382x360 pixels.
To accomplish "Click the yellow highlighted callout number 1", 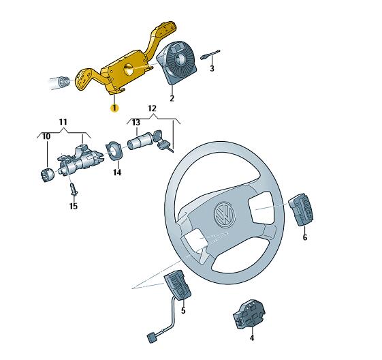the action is (114, 108).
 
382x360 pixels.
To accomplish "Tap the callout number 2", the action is (172, 98).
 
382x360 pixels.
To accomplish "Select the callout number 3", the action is (212, 69).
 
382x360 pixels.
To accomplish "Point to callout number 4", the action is (252, 337).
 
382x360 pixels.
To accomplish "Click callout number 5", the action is (183, 310).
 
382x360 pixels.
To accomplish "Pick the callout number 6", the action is (305, 237).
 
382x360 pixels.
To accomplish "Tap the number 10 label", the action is (46, 136).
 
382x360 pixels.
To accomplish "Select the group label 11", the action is (63, 122).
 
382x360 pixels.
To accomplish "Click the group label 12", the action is (152, 108).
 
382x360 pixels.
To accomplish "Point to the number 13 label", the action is (136, 122).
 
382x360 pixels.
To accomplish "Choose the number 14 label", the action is (117, 172).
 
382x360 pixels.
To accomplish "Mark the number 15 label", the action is (74, 206).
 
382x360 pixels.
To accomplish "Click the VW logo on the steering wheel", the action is (225, 215).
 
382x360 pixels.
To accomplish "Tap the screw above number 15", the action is (74, 190).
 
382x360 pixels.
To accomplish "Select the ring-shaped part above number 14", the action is (114, 151).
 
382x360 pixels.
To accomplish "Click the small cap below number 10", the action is (47, 175).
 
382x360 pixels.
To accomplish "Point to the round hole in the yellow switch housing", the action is (129, 70).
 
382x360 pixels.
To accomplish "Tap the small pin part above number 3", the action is (210, 55).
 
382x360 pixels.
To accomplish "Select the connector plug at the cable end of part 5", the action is (151, 339).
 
